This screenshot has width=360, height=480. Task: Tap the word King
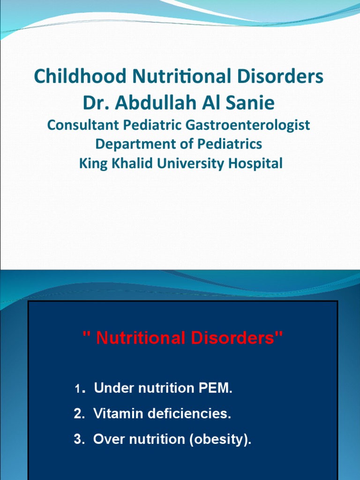coord(91,163)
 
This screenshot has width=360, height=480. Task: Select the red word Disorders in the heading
coord(238,338)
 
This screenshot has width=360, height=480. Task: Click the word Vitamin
coord(117,414)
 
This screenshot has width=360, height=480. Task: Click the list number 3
coord(78,440)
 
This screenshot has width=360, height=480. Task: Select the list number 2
coord(78,414)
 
